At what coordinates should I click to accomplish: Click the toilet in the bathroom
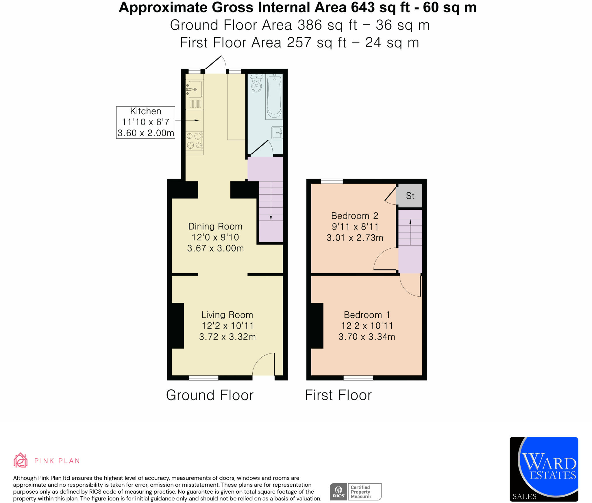pyautogui.click(x=256, y=83)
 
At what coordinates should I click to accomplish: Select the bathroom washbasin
pyautogui.click(x=277, y=133)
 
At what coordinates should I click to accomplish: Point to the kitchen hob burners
pyautogui.click(x=194, y=140)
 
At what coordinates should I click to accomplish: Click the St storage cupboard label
pyautogui.click(x=410, y=196)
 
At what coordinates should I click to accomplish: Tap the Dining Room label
pyautogui.click(x=215, y=226)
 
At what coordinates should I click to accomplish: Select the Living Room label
pyautogui.click(x=227, y=315)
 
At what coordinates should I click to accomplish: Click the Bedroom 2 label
pyautogui.click(x=355, y=216)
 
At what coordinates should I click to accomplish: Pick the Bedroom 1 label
pyautogui.click(x=367, y=315)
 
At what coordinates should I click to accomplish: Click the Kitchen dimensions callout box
pyautogui.click(x=146, y=122)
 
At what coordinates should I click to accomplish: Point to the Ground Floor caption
pyautogui.click(x=210, y=395)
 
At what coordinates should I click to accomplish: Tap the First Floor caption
pyautogui.click(x=338, y=395)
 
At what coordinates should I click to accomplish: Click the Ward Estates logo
pyautogui.click(x=544, y=469)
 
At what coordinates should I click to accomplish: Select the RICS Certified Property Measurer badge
pyautogui.click(x=356, y=492)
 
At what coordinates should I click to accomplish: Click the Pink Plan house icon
pyautogui.click(x=21, y=460)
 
